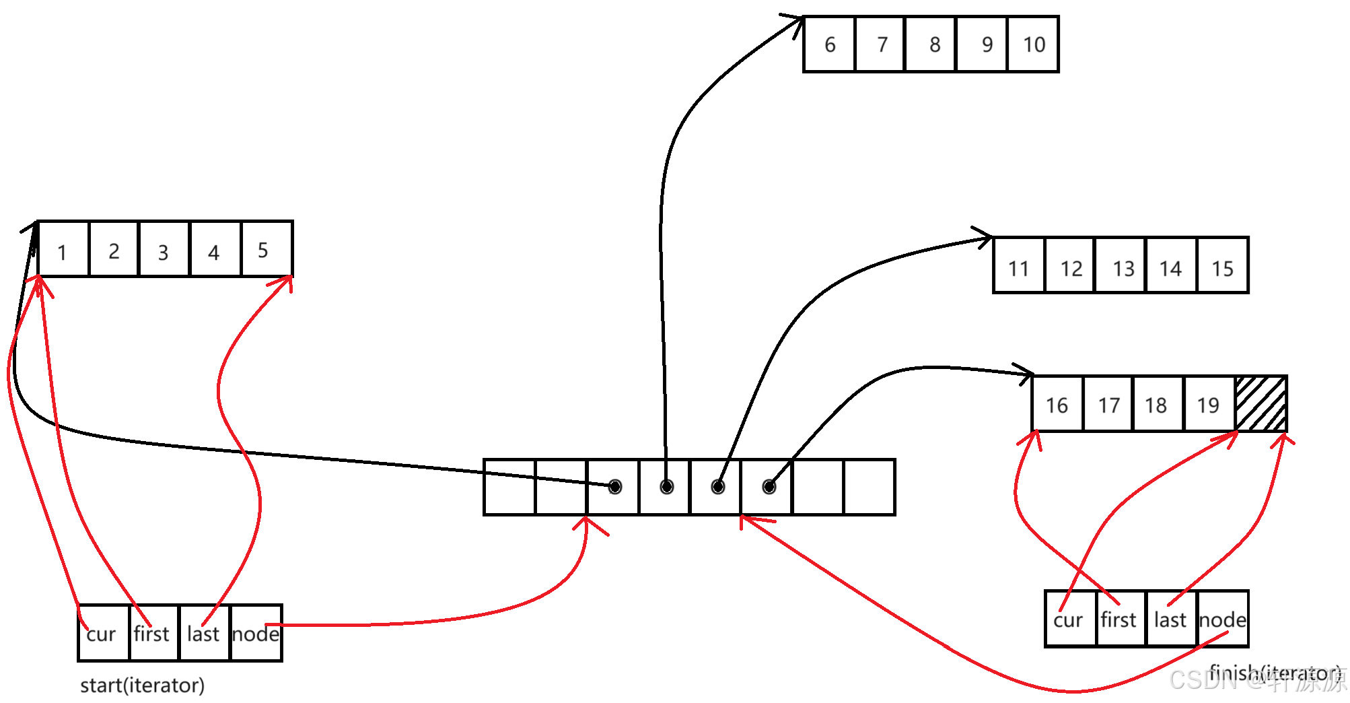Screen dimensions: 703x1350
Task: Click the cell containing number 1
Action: (x=63, y=249)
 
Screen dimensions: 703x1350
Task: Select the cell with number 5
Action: (x=267, y=249)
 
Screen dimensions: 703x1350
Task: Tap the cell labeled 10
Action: (x=1034, y=44)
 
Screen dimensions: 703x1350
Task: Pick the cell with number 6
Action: (x=830, y=44)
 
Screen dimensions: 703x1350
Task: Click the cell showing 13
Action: (x=1121, y=266)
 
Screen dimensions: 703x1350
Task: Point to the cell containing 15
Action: (x=1223, y=266)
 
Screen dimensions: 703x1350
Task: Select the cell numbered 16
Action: (x=1057, y=404)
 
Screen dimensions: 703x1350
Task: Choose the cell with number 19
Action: (x=1209, y=404)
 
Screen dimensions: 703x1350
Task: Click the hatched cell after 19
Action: (x=1261, y=404)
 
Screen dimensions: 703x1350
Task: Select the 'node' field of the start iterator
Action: (x=256, y=634)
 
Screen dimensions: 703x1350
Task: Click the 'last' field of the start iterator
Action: (x=205, y=634)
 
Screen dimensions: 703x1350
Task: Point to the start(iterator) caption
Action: (x=142, y=685)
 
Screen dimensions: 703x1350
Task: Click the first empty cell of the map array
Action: (x=509, y=488)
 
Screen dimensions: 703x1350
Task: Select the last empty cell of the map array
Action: (x=869, y=488)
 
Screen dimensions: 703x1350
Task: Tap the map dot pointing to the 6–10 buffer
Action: (x=666, y=487)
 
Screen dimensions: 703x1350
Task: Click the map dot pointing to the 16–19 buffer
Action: (x=769, y=487)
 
